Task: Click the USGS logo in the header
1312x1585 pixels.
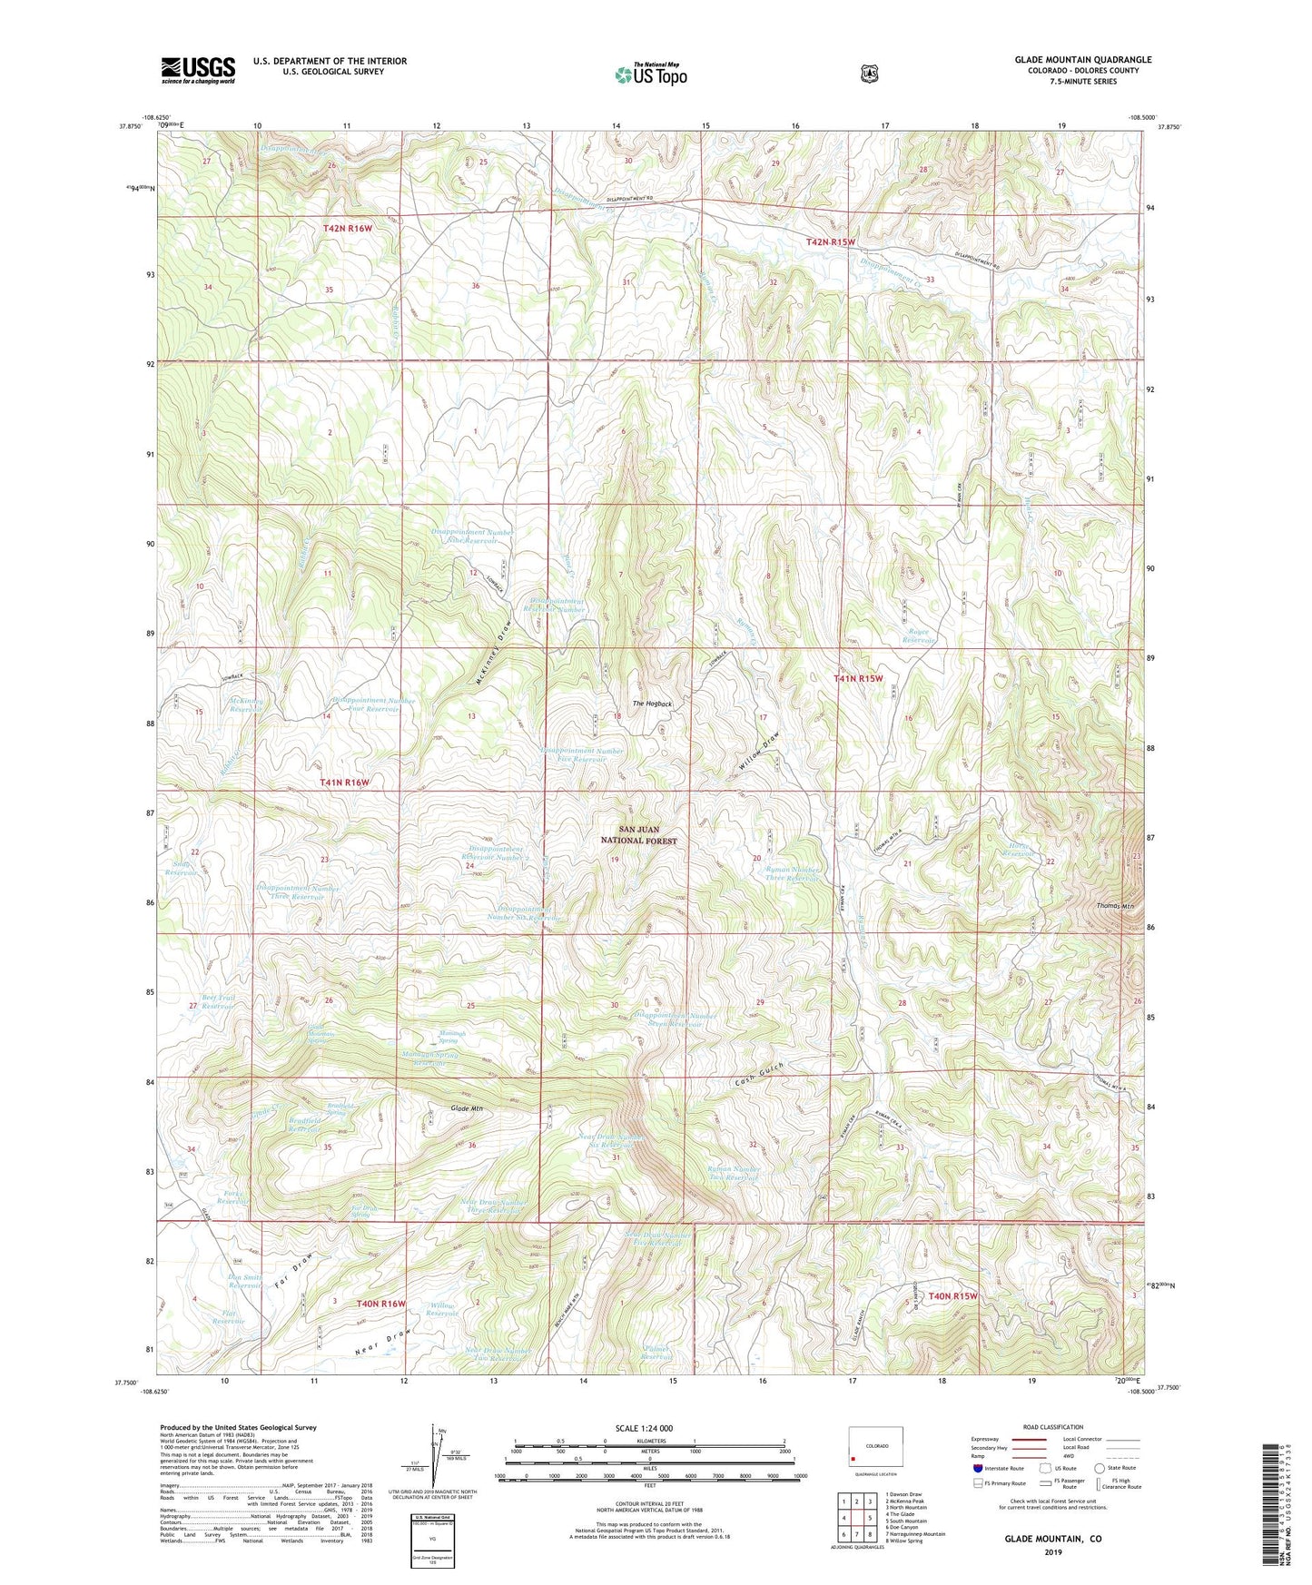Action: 198,69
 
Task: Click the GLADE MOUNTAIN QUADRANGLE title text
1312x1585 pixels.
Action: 1082,60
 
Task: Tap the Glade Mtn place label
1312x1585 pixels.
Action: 466,1109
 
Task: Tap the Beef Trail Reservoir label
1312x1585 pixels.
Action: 218,1002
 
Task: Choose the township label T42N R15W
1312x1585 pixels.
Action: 831,241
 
